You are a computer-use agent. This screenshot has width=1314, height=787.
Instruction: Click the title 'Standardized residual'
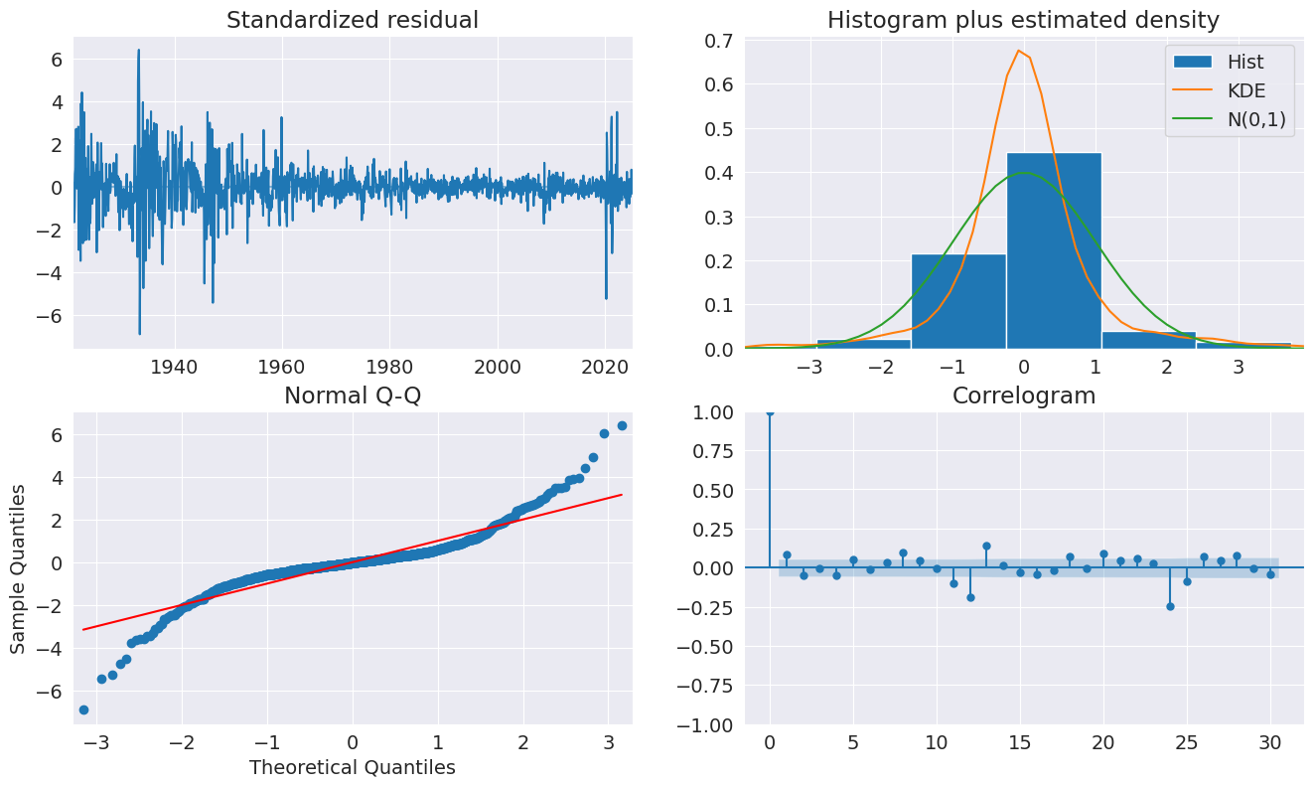[x=353, y=20]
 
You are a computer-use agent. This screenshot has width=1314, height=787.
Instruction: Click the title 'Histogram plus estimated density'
[x=1024, y=20]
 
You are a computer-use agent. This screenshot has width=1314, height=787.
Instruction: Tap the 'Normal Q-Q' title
[x=353, y=395]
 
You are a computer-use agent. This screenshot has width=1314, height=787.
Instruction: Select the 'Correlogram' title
[x=1024, y=395]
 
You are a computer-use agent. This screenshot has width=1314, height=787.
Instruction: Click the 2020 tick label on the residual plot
[x=606, y=365]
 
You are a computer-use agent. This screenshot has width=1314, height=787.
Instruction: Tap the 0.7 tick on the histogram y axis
[x=720, y=41]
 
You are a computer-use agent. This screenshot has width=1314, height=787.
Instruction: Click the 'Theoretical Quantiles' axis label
[x=353, y=767]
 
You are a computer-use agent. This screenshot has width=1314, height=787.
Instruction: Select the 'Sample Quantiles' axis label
[x=19, y=568]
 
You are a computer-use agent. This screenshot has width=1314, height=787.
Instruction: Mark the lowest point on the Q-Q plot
[x=83, y=709]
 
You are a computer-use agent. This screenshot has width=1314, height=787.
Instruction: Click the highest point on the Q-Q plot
[x=622, y=425]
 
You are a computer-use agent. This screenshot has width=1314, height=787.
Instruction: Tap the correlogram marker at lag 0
[x=770, y=411]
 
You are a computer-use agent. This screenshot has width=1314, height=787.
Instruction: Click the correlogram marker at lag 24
[x=1170, y=606]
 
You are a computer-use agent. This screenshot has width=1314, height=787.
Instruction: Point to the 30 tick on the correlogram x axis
[x=1270, y=742]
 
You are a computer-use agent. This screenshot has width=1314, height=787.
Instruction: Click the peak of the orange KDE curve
[x=1019, y=51]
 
